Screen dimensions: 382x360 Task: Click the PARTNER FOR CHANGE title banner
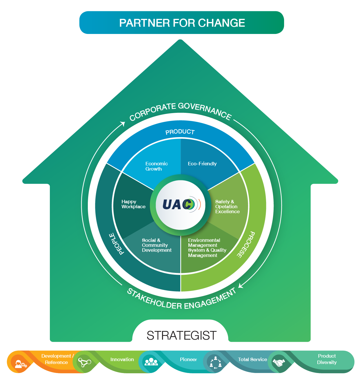182,23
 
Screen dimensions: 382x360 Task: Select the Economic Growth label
156,166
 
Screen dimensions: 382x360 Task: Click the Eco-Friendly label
202,164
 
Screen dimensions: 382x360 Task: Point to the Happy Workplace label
133,204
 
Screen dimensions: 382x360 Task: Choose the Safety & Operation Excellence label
227,207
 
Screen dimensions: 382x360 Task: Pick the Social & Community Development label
157,245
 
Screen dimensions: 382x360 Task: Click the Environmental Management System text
207,248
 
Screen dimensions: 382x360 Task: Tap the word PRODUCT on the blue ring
180,132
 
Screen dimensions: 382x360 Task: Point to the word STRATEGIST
181,336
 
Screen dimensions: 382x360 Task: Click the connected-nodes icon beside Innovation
84,362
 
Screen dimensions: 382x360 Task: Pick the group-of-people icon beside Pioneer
151,361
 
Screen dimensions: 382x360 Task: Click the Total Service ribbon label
252,359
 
